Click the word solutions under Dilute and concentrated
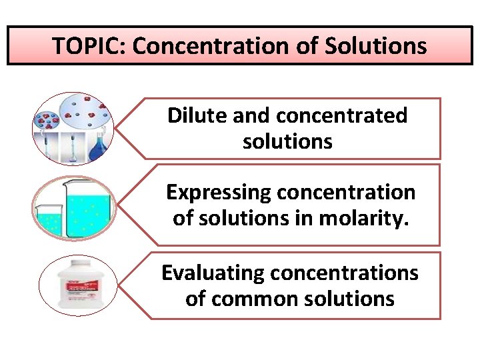click(287, 141)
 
